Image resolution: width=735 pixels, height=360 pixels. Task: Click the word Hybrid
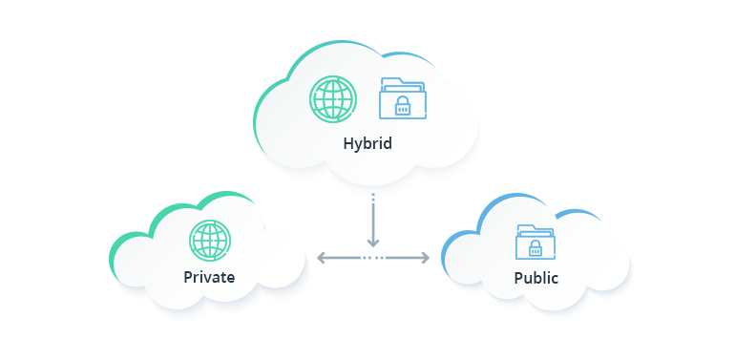tap(367, 144)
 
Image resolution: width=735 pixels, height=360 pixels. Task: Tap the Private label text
tap(209, 278)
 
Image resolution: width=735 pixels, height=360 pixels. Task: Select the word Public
tap(535, 278)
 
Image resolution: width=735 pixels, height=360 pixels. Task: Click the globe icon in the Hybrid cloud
tap(333, 99)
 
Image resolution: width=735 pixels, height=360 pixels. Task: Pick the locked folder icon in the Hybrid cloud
tap(403, 99)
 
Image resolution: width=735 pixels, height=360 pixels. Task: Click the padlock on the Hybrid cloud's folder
tap(403, 106)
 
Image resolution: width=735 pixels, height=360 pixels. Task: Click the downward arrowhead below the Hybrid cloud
tap(373, 242)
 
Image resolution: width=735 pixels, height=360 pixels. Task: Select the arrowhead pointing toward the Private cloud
tap(322, 257)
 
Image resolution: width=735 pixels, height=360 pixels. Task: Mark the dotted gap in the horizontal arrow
tap(373, 257)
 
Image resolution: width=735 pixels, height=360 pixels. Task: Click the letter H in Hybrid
tap(348, 144)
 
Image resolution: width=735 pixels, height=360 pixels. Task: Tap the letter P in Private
tap(189, 278)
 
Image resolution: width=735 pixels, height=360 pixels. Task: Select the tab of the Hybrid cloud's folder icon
tap(391, 81)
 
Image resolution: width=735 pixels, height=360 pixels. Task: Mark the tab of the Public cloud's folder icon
tap(525, 226)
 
